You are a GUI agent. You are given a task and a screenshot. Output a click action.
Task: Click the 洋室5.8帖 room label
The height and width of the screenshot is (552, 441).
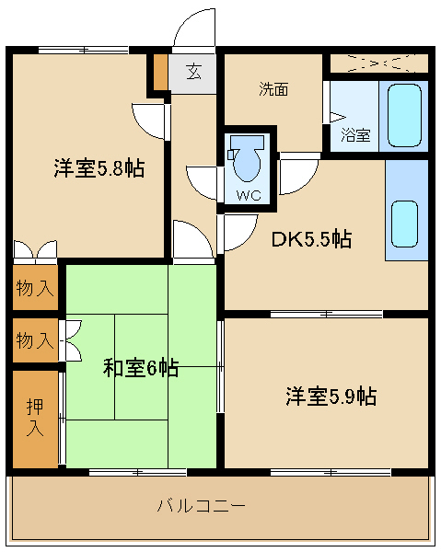98,169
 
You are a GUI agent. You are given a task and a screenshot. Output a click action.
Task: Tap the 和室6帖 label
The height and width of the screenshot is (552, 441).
140,368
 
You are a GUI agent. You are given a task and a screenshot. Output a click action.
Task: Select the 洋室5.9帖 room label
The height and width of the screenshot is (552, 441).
330,397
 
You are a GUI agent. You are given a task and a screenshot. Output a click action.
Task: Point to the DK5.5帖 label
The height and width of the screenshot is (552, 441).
310,239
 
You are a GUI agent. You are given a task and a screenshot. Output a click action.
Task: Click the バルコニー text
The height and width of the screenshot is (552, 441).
201,505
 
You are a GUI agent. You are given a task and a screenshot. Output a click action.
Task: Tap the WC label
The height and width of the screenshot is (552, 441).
248,195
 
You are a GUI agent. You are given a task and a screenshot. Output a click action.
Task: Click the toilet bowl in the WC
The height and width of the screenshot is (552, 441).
248,160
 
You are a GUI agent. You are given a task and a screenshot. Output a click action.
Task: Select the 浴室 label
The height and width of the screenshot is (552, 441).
355,135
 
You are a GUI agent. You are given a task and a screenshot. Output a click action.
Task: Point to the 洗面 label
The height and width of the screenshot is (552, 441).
273,89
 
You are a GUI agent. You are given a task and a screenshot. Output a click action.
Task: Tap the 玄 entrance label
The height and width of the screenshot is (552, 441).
194,72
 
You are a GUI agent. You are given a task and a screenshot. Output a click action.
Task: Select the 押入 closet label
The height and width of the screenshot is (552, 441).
35,416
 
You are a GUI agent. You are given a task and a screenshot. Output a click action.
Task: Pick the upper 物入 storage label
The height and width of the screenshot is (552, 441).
35,289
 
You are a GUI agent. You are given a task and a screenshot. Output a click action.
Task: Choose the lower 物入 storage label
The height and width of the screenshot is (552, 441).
35,341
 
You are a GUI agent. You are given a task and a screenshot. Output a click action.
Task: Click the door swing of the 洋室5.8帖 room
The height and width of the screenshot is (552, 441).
150,119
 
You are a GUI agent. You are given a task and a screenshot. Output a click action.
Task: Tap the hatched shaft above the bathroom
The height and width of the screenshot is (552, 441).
378,63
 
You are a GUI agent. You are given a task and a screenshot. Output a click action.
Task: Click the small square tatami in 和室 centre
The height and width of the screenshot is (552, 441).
141,368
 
